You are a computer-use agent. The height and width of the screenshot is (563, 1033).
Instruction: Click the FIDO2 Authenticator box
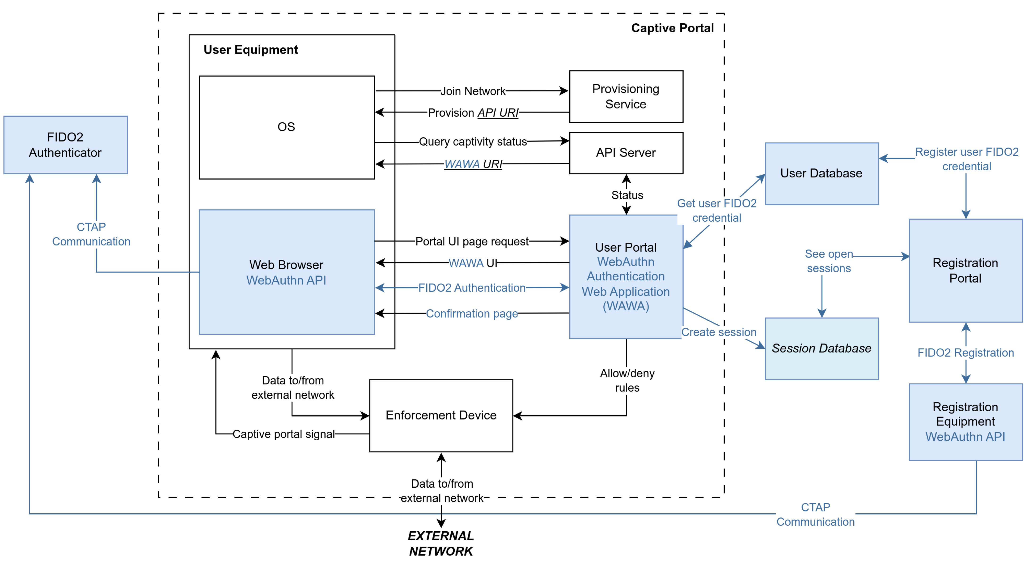coord(65,145)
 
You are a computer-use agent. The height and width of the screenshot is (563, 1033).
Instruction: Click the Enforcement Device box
coord(441,415)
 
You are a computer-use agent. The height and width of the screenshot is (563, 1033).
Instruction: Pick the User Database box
coord(821,173)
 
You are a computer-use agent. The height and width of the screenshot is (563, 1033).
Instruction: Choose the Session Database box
coord(821,348)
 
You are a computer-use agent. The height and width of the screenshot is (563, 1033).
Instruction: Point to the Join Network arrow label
coord(473,91)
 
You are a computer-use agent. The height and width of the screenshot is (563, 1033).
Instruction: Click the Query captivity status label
coord(473,142)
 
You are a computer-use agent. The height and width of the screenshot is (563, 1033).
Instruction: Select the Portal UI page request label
coord(472,241)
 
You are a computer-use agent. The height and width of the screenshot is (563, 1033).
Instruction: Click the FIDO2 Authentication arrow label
coord(472,288)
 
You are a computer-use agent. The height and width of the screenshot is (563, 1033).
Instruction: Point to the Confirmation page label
coord(472,314)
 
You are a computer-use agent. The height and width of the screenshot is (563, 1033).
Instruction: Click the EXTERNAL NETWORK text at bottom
coord(441,543)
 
